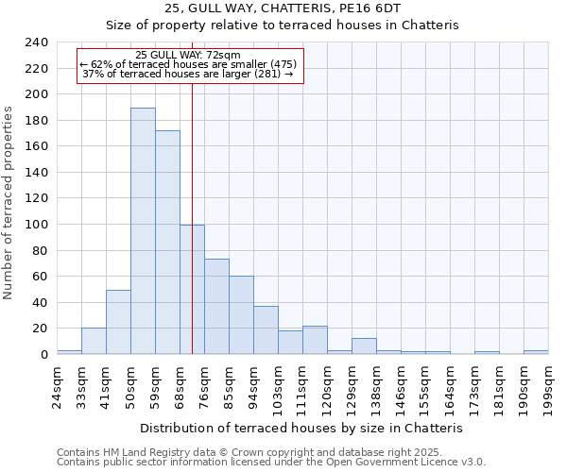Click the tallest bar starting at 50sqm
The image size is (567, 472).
(143, 231)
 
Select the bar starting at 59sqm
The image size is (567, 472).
(167, 243)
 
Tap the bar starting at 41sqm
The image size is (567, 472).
(118, 322)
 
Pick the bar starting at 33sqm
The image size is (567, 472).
(94, 341)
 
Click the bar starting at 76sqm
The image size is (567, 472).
(216, 307)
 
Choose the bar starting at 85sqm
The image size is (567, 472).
(241, 315)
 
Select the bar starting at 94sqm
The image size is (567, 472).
(266, 330)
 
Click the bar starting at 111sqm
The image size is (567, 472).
(315, 340)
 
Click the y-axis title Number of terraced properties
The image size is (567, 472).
(9, 203)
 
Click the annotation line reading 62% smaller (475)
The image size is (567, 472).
(189, 64)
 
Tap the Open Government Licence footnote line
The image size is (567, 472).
(271, 462)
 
